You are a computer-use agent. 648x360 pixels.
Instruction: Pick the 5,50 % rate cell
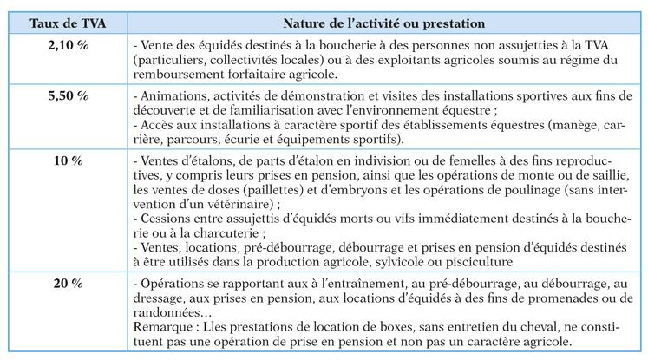[x=69, y=95]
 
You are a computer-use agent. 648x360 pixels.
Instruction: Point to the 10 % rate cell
[x=69, y=160]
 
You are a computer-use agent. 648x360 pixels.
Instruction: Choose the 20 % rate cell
[x=69, y=284]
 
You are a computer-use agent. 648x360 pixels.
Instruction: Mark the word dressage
[x=159, y=297]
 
